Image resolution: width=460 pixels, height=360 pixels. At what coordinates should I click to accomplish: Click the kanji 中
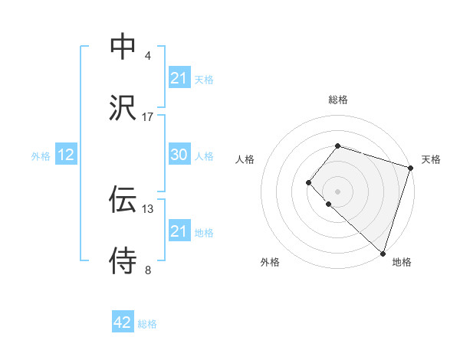click(x=123, y=47)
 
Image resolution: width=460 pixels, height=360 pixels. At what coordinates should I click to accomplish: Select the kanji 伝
click(x=123, y=200)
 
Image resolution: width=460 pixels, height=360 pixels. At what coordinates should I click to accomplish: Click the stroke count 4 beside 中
click(x=148, y=56)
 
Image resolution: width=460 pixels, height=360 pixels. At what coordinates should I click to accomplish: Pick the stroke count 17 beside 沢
click(x=148, y=117)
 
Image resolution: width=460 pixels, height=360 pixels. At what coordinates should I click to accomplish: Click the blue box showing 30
click(x=179, y=155)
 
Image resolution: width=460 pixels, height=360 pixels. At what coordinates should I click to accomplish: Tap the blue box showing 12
click(x=66, y=155)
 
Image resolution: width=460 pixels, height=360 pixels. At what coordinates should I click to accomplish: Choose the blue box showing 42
click(x=123, y=323)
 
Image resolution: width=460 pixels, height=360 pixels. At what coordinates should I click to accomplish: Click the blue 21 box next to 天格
click(x=179, y=78)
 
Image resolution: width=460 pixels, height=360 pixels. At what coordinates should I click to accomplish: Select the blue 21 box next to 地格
click(x=179, y=231)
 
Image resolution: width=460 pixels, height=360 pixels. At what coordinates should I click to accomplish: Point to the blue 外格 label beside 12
click(x=41, y=155)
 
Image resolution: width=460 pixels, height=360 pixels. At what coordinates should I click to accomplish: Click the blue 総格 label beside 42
click(x=147, y=324)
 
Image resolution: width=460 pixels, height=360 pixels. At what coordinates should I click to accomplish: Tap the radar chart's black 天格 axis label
click(x=431, y=159)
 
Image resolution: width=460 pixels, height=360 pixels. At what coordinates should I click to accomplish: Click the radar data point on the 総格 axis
click(x=337, y=146)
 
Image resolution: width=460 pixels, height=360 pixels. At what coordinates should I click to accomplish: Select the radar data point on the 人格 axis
click(x=308, y=182)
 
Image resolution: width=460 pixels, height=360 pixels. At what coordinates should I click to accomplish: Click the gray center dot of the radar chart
click(x=337, y=191)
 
